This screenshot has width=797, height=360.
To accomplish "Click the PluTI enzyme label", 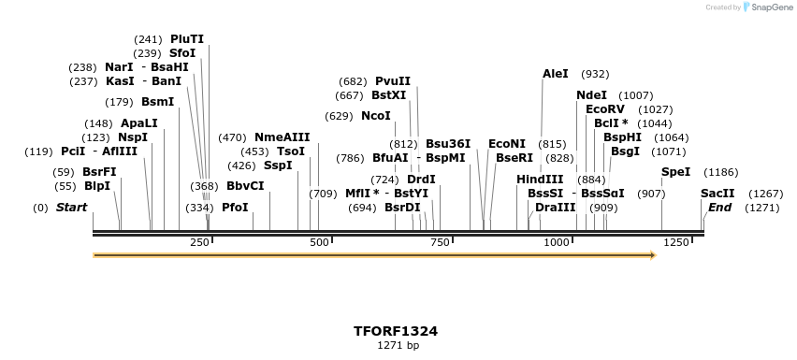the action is tap(186, 39).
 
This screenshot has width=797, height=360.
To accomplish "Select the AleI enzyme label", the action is tap(555, 74).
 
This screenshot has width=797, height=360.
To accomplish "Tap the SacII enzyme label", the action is tap(717, 194).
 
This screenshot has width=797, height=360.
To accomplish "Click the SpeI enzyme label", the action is tap(675, 172).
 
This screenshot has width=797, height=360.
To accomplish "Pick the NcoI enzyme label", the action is tap(375, 116).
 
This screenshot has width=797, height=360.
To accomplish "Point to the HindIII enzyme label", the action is tap(540, 179).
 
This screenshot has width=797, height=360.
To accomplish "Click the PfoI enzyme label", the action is tap(235, 207).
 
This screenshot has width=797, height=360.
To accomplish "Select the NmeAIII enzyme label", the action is tap(282, 137).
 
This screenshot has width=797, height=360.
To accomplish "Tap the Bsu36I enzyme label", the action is tap(447, 144).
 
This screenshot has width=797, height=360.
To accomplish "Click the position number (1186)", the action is tap(721, 172).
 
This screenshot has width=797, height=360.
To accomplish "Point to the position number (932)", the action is tap(595, 74).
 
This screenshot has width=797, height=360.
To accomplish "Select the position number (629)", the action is tap(339, 116).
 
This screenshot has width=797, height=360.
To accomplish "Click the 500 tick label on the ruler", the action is tap(319, 243).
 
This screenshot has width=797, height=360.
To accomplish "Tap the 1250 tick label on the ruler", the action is tap(675, 243).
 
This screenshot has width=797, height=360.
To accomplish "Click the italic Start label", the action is tap(71, 207).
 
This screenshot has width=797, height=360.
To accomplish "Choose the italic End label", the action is tap(719, 207).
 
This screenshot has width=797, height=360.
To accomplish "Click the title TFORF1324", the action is tap(396, 331).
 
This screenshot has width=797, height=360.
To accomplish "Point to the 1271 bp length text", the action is tap(396, 346).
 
